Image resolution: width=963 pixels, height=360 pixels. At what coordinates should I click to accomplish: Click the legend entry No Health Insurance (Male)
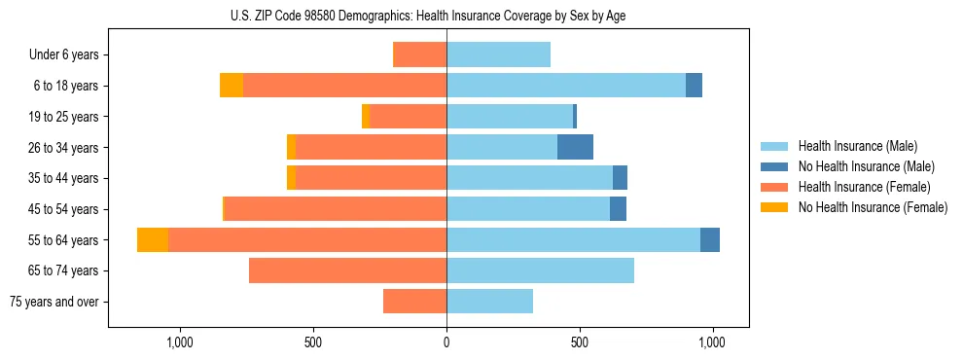[x=866, y=166]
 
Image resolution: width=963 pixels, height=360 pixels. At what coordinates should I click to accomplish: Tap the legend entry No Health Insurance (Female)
[x=873, y=207]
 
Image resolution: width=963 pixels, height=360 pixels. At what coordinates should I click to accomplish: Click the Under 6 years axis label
[x=64, y=55]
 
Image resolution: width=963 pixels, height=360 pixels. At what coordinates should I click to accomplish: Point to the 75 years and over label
[x=54, y=302]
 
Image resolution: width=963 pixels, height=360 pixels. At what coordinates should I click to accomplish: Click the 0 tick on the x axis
[x=446, y=342]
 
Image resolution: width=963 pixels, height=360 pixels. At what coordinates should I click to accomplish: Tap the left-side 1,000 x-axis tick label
[x=180, y=342]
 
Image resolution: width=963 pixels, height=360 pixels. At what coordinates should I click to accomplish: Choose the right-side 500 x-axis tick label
[x=580, y=342]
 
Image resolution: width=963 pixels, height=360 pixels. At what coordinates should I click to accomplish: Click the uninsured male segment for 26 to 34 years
[x=575, y=147]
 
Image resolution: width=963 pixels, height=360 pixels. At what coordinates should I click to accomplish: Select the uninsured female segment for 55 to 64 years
[x=153, y=239]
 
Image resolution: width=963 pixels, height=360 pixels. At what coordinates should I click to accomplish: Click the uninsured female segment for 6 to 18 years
[x=232, y=86]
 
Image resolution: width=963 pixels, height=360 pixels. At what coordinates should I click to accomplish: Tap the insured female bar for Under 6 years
[x=420, y=54]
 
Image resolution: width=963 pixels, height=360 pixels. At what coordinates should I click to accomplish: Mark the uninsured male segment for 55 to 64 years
[x=710, y=239]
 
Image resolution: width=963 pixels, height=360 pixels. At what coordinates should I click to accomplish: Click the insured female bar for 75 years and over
[x=415, y=302]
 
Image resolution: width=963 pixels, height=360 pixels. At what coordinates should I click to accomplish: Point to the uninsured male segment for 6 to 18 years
[x=694, y=86]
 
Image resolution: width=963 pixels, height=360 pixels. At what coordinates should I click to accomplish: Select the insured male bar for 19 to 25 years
[x=510, y=116]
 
